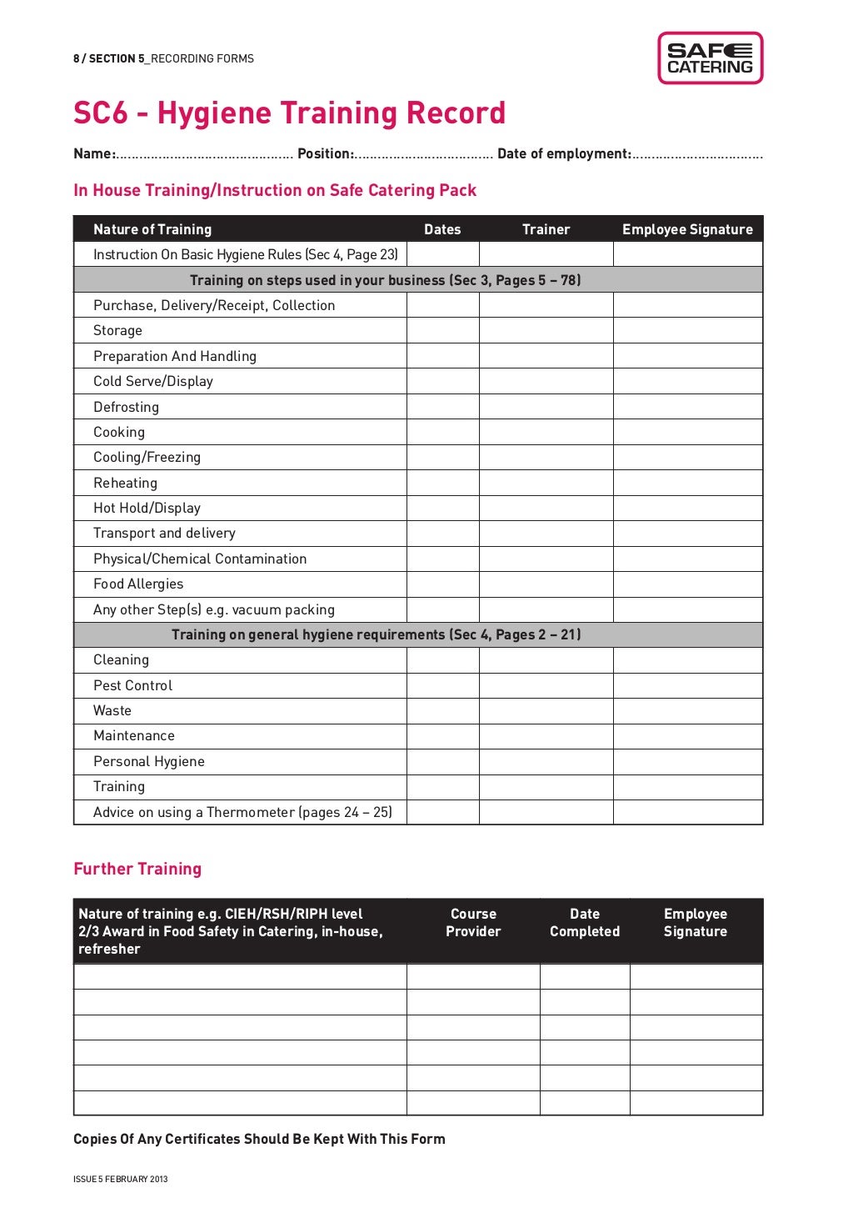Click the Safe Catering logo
710,58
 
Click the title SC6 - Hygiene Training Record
289,113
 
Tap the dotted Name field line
204,155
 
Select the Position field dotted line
424,155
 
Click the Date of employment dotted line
696,155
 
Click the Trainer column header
546,229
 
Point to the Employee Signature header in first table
687,229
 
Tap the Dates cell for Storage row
442,331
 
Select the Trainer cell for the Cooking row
546,432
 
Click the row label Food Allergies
138,584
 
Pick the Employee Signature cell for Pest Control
687,685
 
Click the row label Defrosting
126,407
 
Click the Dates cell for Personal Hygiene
442,761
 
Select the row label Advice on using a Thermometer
242,812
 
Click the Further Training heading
137,869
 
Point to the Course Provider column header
473,923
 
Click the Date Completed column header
584,923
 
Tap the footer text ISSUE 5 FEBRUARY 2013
121,1179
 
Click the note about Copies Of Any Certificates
259,1139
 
